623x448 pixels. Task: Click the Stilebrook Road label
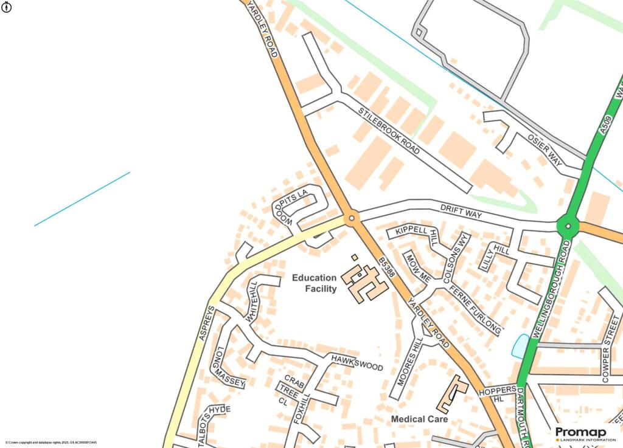389,130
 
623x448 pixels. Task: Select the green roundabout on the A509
568,226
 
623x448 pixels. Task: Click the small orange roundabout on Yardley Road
352,218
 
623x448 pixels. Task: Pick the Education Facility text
314,283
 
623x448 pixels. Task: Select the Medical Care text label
419,419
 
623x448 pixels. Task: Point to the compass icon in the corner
7,7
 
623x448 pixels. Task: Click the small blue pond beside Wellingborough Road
520,346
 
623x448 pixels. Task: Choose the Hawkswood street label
357,363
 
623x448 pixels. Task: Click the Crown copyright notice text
51,443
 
